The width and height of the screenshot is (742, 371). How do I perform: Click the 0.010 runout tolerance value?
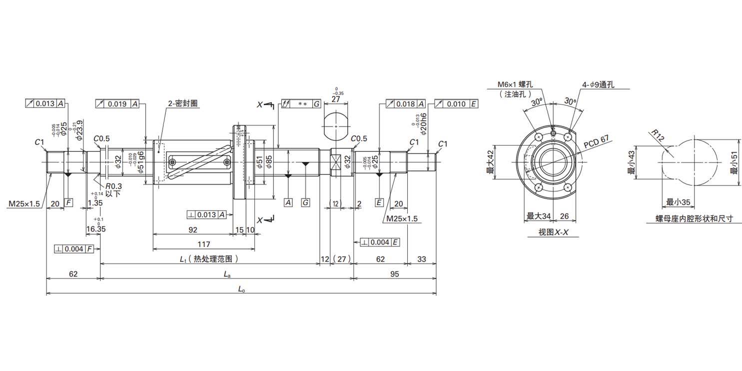tap(456, 104)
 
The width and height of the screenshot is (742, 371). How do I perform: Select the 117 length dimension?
tap(204, 244)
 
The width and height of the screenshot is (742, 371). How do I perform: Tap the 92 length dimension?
tap(193, 229)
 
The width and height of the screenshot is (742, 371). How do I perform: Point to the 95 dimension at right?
tap(395, 274)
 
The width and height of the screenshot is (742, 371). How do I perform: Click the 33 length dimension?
tap(422, 259)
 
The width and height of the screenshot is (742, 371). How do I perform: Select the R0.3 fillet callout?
tap(113, 186)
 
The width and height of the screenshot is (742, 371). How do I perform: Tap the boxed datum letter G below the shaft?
tap(306, 202)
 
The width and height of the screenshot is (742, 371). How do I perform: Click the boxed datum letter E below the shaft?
tap(379, 202)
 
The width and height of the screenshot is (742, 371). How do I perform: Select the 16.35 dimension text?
tap(96, 229)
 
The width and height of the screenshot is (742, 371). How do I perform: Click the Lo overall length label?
tap(241, 289)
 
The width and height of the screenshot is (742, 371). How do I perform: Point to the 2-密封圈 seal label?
tap(183, 103)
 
